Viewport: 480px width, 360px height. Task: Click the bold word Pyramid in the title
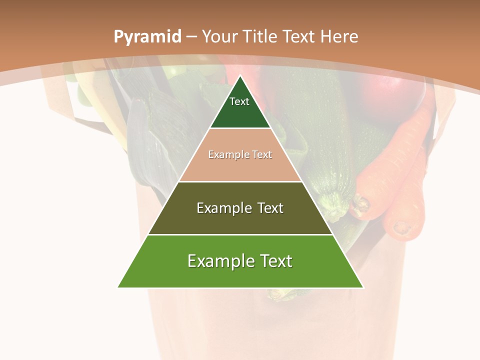(x=147, y=37)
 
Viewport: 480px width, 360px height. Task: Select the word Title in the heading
(x=260, y=36)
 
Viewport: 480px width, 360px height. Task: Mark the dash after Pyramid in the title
(x=191, y=37)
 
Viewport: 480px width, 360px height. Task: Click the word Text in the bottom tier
(x=274, y=261)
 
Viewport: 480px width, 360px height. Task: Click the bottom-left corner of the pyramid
(x=118, y=287)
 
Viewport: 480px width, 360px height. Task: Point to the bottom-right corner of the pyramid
(x=363, y=287)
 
